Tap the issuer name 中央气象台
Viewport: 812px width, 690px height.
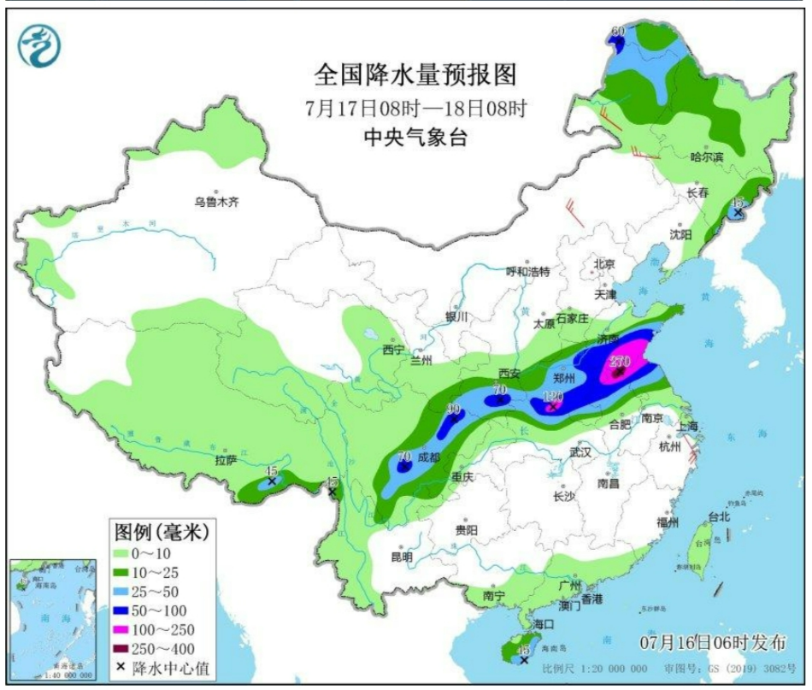click(415, 138)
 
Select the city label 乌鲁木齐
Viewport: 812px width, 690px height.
click(215, 203)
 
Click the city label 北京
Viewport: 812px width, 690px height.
click(604, 264)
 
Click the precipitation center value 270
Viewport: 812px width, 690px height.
click(620, 362)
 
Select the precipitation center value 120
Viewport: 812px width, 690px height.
click(554, 397)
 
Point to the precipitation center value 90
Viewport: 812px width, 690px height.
click(453, 409)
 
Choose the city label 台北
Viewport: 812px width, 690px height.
click(718, 516)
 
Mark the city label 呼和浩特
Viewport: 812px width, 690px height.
click(528, 272)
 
